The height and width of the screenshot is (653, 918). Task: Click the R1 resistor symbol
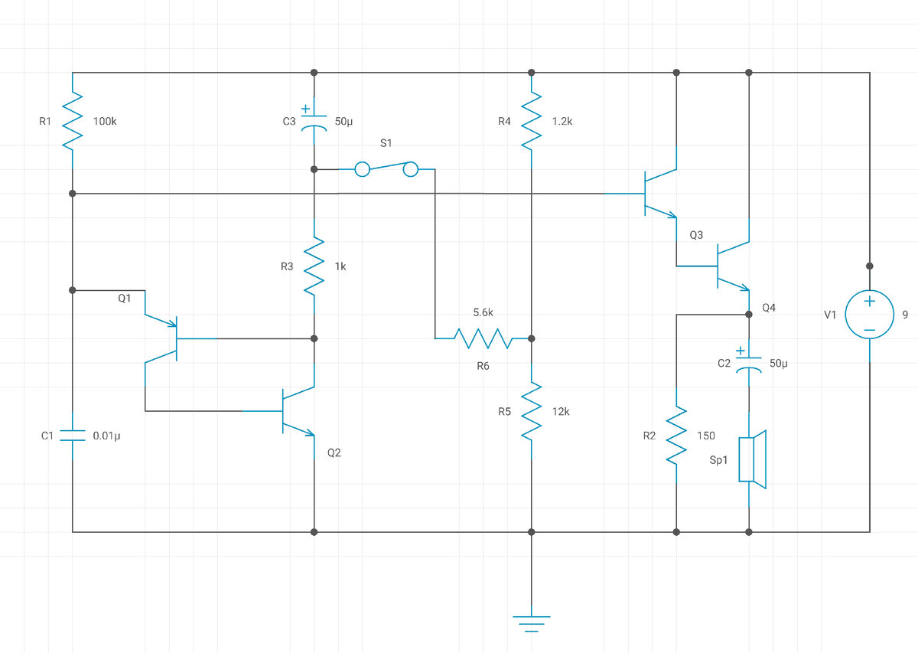coord(73,121)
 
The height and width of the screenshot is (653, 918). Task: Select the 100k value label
coord(105,122)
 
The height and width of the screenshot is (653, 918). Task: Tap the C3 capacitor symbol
coord(314,121)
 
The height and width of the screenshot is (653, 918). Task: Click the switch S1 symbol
coord(386,169)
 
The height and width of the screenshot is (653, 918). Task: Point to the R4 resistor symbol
coord(532,121)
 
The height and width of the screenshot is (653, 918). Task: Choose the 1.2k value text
coord(562,122)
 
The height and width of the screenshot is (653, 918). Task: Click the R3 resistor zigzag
coord(314,266)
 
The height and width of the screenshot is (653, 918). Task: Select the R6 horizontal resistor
coord(483,338)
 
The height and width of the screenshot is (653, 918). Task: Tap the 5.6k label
coord(483,312)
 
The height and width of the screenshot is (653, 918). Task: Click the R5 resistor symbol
coord(532,411)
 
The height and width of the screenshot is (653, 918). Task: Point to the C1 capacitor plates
coord(73,435)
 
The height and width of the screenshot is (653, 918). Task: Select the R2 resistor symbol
coord(676,435)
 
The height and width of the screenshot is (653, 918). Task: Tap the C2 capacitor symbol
coord(749,363)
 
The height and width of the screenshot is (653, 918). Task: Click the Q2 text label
coord(334,453)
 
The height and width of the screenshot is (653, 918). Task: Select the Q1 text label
coord(125,299)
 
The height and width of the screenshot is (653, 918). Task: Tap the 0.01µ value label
coord(106,436)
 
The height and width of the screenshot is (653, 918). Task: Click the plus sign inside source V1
coord(869,302)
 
